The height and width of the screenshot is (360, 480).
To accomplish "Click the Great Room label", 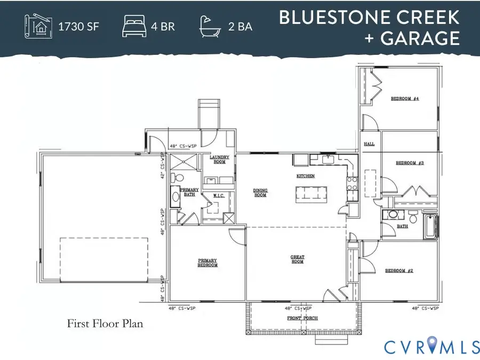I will pyautogui.click(x=297, y=259).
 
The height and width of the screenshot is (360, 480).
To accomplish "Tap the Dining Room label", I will pyautogui.click(x=260, y=193).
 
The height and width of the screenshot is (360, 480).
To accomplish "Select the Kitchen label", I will pyautogui.click(x=306, y=175).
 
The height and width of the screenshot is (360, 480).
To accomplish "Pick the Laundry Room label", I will pyautogui.click(x=219, y=159).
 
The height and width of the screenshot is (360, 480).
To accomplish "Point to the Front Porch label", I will pyautogui.click(x=303, y=318).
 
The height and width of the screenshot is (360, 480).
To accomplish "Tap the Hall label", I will pyautogui.click(x=369, y=145).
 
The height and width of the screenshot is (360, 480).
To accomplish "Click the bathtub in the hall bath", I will pyautogui.click(x=429, y=227).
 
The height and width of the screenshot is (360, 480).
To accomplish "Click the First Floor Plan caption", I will pyautogui.click(x=105, y=323).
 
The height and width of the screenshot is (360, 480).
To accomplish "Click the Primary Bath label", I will pyautogui.click(x=189, y=192).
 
